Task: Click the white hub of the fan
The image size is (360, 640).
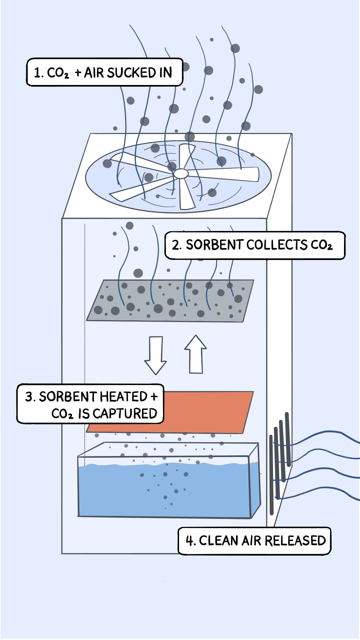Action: [x=181, y=173]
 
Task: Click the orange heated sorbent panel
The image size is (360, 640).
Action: [x=207, y=412]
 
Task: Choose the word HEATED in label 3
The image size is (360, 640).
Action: [x=123, y=397]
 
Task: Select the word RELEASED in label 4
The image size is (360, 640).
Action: [x=294, y=541]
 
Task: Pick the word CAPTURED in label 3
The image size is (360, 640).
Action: [x=125, y=414]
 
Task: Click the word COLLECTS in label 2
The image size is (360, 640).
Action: [x=277, y=245]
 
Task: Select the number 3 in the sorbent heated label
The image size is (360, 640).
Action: [x=29, y=397]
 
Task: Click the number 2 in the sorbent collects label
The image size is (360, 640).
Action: [x=176, y=245]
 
